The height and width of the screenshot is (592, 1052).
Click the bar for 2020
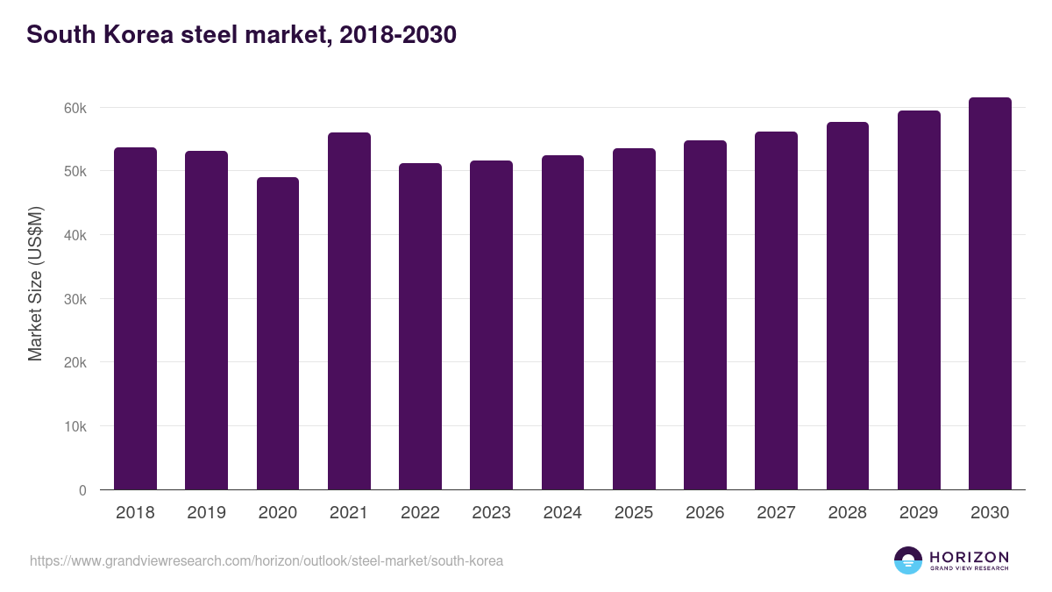(278, 333)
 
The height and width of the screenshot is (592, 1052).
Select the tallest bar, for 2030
(990, 294)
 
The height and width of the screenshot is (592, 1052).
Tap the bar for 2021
(349, 311)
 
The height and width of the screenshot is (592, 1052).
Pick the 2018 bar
(135, 318)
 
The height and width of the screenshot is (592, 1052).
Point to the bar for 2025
(634, 319)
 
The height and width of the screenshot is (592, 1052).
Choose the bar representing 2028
(848, 306)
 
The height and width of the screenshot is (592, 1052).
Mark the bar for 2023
(491, 325)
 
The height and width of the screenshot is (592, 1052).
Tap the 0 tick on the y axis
(82, 490)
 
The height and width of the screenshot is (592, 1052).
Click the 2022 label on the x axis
(420, 513)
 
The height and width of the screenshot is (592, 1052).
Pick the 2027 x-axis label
(776, 513)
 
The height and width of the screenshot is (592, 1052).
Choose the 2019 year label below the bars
(206, 513)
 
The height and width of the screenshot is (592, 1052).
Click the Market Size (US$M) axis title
(35, 283)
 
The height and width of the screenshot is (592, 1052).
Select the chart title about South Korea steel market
(241, 35)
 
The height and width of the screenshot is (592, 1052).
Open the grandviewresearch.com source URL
(267, 560)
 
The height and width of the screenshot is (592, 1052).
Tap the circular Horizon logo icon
(908, 560)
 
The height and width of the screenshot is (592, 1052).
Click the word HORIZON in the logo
(969, 556)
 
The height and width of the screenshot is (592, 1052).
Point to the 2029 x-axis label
(919, 513)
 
